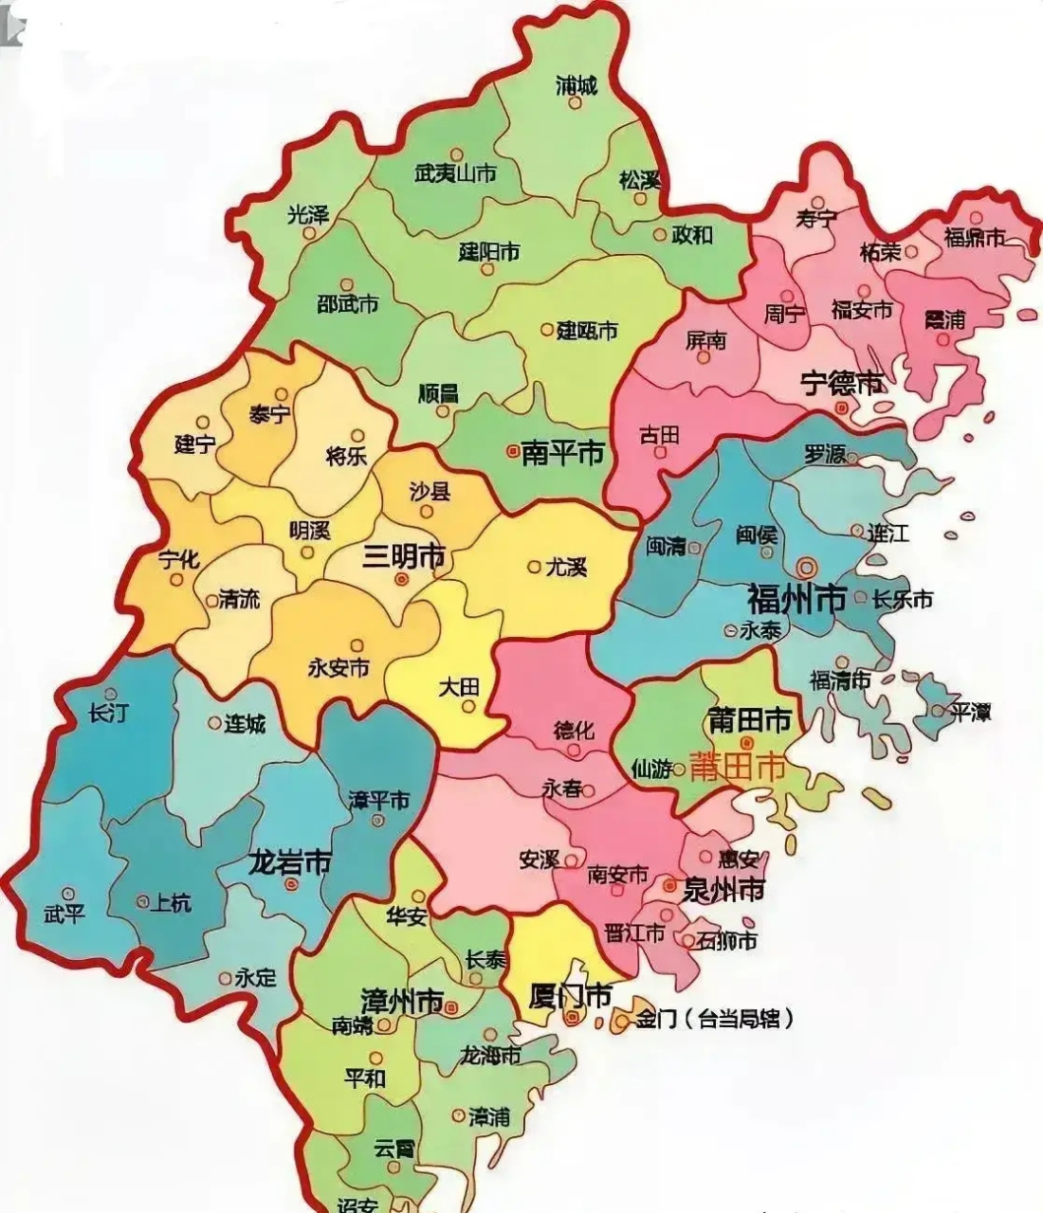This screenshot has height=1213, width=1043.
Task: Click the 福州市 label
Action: [796, 600]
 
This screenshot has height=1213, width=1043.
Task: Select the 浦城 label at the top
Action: [576, 86]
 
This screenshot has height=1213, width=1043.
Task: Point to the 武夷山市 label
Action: [456, 174]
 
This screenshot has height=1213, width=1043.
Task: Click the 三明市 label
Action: [404, 557]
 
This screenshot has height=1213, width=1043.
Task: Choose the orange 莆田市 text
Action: [739, 767]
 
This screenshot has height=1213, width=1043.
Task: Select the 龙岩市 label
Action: [289, 863]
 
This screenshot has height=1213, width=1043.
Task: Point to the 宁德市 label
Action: [842, 384]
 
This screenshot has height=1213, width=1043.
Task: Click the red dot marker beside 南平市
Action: [513, 452]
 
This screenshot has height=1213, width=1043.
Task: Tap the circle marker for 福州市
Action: [807, 568]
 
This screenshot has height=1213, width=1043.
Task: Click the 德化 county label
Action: [574, 731]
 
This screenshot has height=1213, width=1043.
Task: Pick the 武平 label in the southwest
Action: [64, 914]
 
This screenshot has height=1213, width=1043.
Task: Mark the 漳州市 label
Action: [402, 1001]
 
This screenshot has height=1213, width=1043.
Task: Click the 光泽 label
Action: [308, 214]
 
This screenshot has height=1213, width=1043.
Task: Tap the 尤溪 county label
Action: [567, 567]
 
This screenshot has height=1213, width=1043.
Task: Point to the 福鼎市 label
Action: [974, 237]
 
